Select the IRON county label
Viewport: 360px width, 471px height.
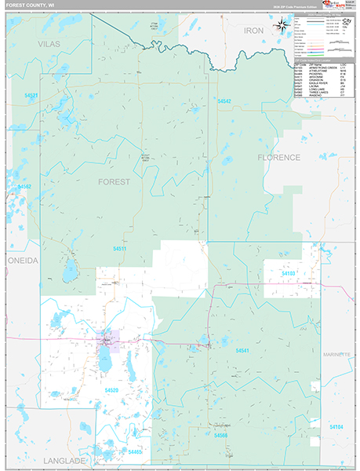[253, 30]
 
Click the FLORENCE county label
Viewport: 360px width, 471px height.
[278, 157]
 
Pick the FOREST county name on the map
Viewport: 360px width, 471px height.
[114, 181]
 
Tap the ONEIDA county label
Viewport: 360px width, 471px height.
[22, 260]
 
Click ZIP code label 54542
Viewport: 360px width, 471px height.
[224, 101]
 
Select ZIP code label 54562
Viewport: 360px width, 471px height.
[24, 187]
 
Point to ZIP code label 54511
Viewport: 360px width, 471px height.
[119, 249]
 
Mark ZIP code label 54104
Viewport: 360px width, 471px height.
[336, 426]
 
